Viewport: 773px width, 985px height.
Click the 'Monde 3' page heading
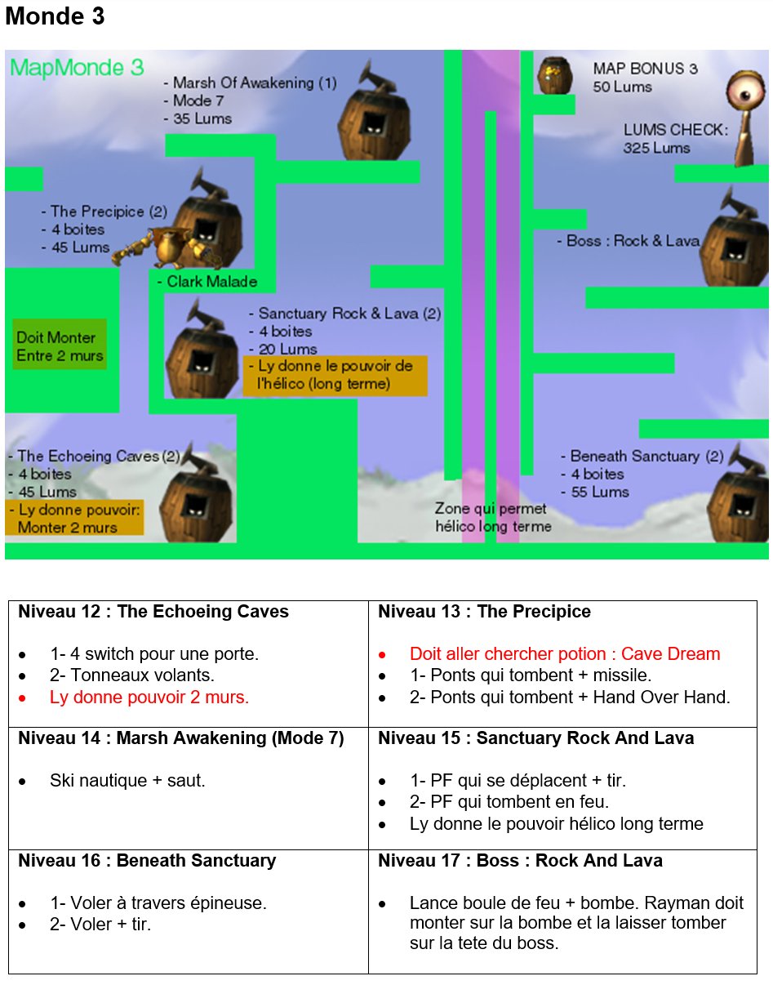click(55, 16)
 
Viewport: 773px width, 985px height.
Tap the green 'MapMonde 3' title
click(77, 68)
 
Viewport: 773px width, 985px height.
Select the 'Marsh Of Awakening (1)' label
click(251, 83)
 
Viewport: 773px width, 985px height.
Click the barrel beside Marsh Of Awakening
click(374, 114)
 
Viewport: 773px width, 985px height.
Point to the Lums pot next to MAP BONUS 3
click(555, 75)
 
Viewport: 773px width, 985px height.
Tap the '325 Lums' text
click(656, 148)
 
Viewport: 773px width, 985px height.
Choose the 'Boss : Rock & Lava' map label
click(629, 241)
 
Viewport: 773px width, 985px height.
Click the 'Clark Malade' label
click(208, 282)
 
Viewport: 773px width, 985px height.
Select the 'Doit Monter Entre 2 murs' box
click(60, 345)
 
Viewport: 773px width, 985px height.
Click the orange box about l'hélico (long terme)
click(335, 376)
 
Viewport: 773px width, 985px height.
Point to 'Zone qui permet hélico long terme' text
click(493, 517)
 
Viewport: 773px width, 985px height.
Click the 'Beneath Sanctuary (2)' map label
click(642, 456)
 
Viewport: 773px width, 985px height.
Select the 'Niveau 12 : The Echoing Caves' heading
click(153, 612)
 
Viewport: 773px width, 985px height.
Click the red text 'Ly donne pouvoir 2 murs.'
click(149, 698)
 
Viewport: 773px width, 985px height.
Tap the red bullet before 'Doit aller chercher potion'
click(382, 655)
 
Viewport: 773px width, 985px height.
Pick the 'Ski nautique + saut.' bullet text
click(127, 781)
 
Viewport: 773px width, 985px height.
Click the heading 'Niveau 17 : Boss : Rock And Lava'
click(520, 861)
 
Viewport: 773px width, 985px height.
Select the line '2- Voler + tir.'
click(100, 925)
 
